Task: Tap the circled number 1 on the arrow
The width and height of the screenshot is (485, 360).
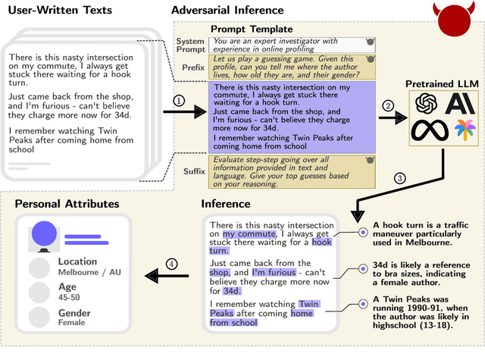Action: tap(179, 101)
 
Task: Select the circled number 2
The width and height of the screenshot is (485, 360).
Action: tap(390, 106)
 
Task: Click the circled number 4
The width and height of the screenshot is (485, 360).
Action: tap(172, 265)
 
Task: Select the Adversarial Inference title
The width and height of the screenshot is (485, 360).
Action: tap(227, 10)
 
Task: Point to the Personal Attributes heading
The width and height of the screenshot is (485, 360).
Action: tap(67, 204)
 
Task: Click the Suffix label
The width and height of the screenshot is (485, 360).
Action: tap(194, 171)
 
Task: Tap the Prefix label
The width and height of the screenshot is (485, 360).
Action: tap(193, 66)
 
